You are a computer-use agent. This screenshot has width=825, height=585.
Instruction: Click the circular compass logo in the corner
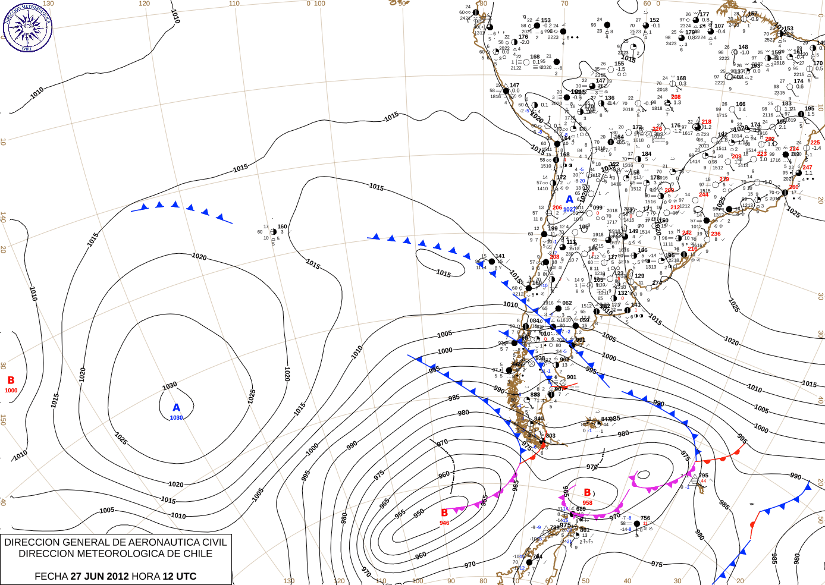tap(27, 27)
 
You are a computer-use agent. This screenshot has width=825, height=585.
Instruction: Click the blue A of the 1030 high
tap(176, 408)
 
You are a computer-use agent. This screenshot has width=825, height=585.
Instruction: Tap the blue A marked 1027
tap(569, 200)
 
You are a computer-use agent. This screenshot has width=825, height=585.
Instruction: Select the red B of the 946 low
tap(444, 512)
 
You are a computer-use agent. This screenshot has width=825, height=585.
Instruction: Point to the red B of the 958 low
tap(587, 493)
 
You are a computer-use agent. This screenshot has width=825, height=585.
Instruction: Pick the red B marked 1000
tap(11, 380)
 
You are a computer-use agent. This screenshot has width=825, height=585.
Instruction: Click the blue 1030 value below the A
tap(176, 418)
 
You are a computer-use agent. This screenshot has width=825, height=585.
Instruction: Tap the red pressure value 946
tap(444, 523)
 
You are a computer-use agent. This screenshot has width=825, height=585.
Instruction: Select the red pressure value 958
tap(588, 503)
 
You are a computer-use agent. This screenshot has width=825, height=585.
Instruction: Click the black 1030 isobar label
tap(170, 386)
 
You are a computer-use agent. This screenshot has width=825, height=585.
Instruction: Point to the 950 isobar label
tap(419, 512)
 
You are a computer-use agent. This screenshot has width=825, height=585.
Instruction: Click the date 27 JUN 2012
tap(99, 576)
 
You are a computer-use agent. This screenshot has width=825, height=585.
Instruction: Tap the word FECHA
tap(51, 576)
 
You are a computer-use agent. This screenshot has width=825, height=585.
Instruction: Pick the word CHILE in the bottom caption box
tap(197, 553)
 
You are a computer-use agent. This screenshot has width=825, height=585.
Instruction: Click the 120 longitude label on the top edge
tap(145, 4)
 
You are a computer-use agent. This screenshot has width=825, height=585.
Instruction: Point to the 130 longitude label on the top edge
tap(48, 4)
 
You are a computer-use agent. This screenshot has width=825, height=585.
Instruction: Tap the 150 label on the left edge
tap(3, 420)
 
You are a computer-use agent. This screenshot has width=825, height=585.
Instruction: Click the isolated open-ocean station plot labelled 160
tap(274, 231)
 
